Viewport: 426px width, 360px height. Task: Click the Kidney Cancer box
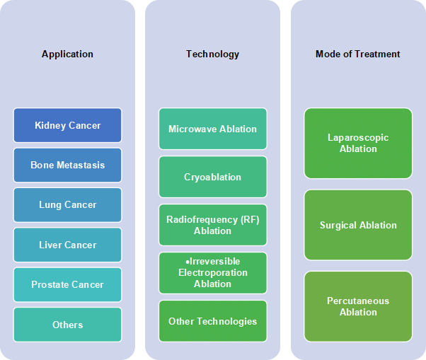point(68,125)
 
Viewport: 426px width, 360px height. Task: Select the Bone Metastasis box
point(68,165)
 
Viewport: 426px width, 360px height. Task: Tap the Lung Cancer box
point(68,205)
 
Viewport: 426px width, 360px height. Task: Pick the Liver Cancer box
point(68,245)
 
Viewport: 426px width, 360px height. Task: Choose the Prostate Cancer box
point(68,284)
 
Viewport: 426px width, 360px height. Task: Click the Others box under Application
point(68,325)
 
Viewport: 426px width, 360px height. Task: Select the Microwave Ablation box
point(213,129)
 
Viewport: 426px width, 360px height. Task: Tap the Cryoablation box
point(213,177)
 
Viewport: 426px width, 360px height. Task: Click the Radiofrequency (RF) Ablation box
point(213,225)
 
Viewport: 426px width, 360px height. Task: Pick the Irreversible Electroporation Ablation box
point(213,273)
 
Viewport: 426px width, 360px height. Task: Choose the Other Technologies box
point(213,321)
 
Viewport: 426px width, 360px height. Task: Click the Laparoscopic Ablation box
point(358,144)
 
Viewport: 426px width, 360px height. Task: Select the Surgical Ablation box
point(358,225)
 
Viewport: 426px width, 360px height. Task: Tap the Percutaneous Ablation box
point(358,306)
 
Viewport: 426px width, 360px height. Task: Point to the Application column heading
point(67,54)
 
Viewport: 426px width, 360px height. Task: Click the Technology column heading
point(213,54)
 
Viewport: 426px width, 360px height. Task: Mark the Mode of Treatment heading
point(358,54)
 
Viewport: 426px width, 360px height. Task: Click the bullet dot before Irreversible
point(188,262)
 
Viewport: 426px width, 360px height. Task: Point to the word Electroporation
point(213,273)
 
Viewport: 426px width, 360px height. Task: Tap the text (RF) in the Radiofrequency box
point(250,219)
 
